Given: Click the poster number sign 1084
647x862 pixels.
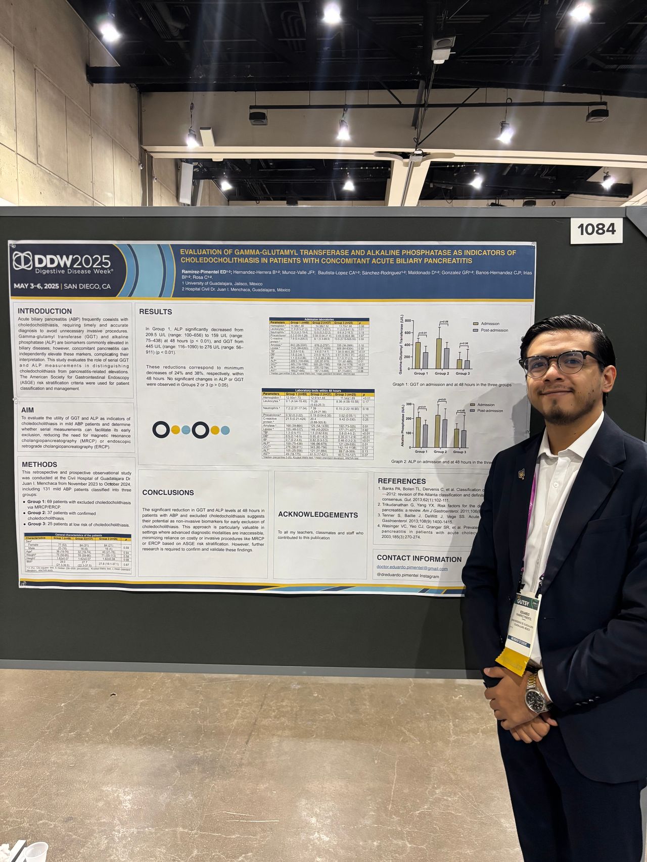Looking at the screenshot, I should [x=596, y=229].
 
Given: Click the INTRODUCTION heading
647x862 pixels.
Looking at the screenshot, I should [x=44, y=311].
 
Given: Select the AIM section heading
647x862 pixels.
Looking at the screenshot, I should [x=28, y=410].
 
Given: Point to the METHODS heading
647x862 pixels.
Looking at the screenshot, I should [x=39, y=464].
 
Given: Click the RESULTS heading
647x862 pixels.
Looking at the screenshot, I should [x=156, y=312].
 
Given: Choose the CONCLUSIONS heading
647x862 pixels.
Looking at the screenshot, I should [x=168, y=492].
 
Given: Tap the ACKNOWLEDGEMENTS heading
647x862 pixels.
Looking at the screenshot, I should [x=317, y=515].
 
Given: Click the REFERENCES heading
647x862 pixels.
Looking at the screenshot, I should [x=401, y=481].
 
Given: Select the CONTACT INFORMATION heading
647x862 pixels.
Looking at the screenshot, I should [x=419, y=559].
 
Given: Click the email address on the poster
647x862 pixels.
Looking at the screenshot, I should [x=412, y=568].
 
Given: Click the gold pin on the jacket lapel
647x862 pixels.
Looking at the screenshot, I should [x=520, y=474].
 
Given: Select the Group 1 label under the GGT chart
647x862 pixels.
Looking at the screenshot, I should [x=421, y=373].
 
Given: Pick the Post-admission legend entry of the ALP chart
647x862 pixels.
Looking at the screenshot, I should [x=489, y=411].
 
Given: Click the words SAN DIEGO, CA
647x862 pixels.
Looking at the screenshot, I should [x=87, y=286].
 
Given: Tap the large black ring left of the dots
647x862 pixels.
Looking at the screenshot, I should [x=161, y=430].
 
